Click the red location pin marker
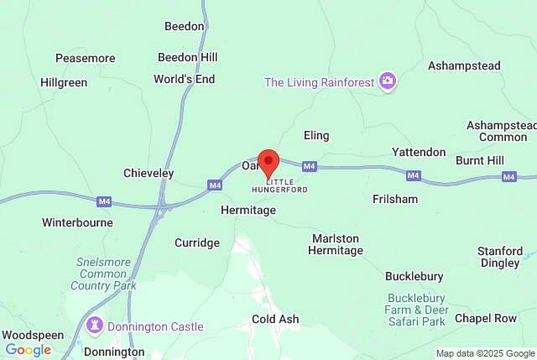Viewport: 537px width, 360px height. point(268,160)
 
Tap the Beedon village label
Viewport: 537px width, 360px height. point(185,26)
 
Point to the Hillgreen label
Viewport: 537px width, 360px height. point(64,82)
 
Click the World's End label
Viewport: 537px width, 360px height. point(185,79)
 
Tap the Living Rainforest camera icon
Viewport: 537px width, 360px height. point(388,81)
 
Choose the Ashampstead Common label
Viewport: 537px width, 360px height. point(503,131)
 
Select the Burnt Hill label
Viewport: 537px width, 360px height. point(480,159)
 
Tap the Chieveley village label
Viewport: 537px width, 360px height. point(149,173)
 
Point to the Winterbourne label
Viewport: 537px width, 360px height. point(77,222)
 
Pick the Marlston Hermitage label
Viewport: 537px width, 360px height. point(336,244)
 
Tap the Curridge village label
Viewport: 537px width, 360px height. point(197,243)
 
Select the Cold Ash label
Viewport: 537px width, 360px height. point(275,319)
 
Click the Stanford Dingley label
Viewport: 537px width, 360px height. point(499,257)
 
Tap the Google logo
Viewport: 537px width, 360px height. point(29,350)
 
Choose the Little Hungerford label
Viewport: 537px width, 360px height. point(286,185)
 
